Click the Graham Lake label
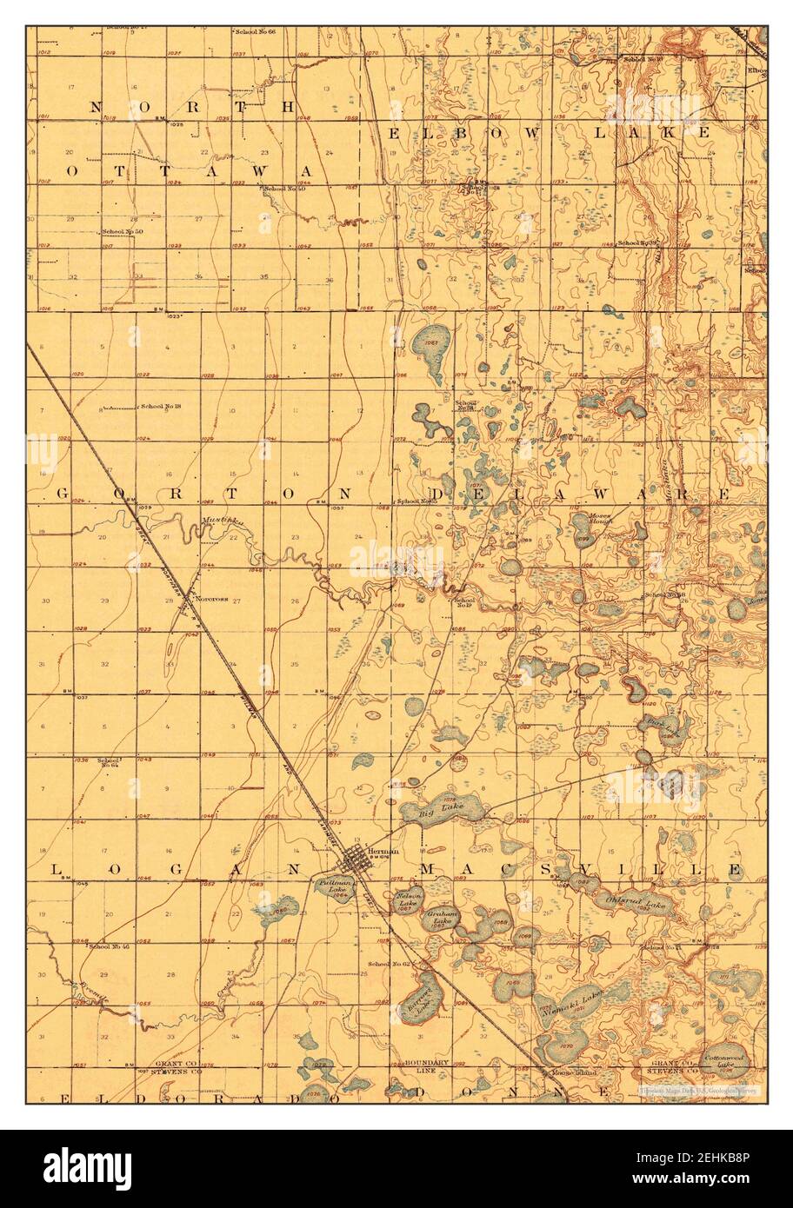click(x=443, y=918)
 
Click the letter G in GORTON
click(x=62, y=494)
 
